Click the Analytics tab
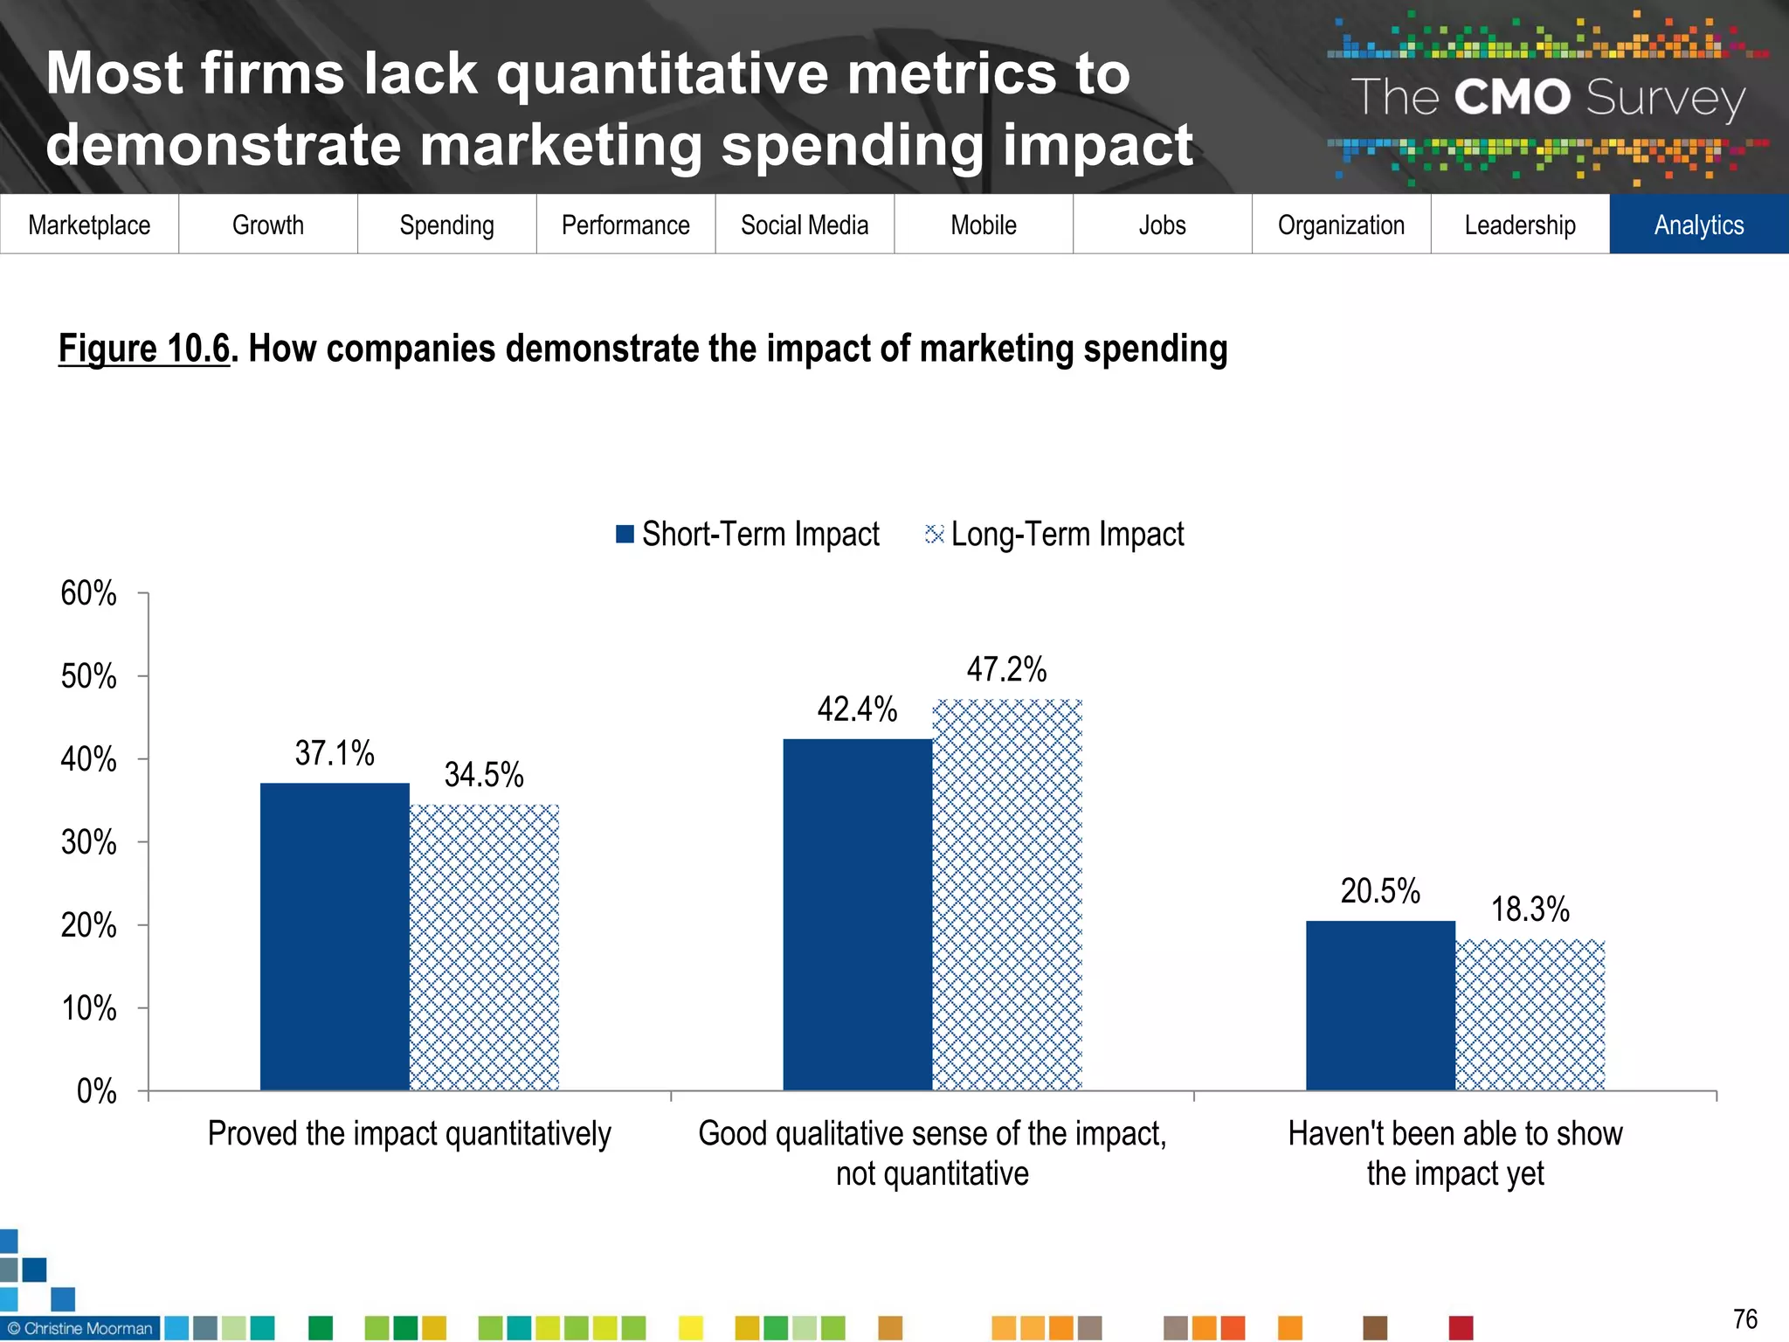pos(1698,225)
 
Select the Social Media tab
pos(805,225)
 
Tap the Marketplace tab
pos(89,225)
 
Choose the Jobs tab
pos(1162,225)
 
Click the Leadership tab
pos(1520,225)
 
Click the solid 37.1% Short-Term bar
pos(335,936)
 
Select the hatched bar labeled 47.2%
pos(1007,895)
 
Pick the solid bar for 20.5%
pos(1380,1005)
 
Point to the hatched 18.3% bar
pos(1530,1014)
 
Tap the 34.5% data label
pos(484,774)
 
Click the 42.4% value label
pos(857,709)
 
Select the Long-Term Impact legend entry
pos(1055,534)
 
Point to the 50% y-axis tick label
pos(88,676)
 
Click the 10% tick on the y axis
pos(88,1008)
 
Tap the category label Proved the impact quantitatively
pos(409,1133)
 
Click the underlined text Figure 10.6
pos(144,348)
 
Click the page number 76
pos(1744,1318)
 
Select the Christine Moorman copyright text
pos(80,1328)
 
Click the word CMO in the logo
pos(1512,97)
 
